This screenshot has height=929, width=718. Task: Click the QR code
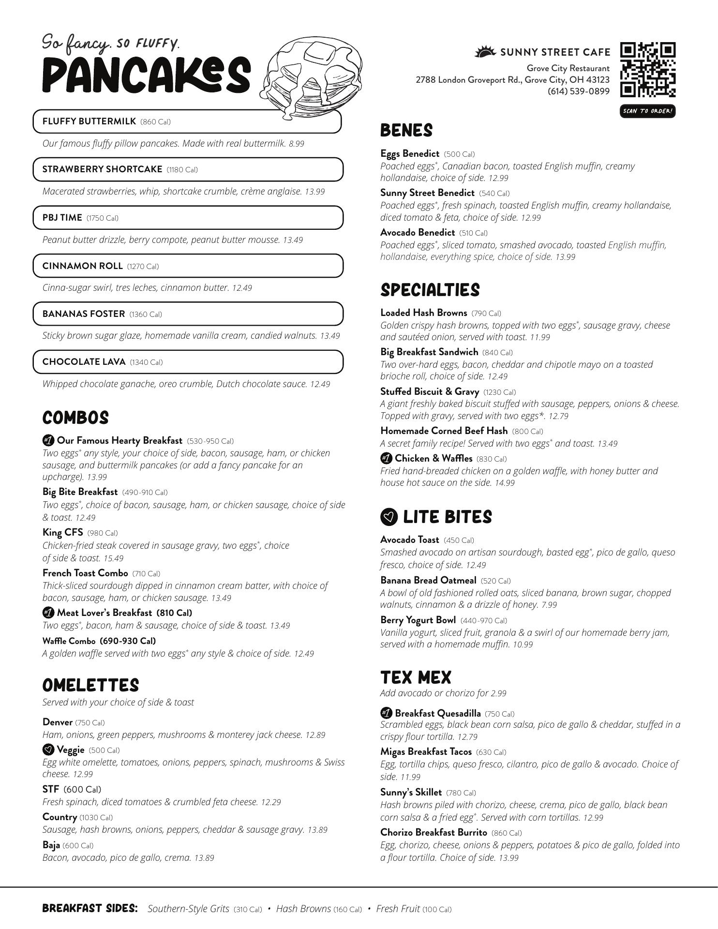tap(648, 70)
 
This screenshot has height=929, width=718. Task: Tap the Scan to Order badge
tap(647, 111)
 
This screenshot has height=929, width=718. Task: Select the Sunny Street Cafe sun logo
tap(485, 51)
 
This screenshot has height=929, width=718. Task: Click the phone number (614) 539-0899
tap(578, 91)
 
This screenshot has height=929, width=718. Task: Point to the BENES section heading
tap(406, 130)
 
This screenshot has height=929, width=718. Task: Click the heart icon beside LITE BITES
tap(389, 517)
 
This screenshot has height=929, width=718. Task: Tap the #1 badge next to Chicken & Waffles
tap(386, 458)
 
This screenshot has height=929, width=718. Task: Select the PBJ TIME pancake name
tap(62, 218)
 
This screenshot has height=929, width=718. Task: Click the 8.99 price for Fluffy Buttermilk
tap(296, 144)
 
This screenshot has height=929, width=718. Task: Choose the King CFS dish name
tap(62, 532)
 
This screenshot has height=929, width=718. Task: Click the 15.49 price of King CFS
tap(113, 558)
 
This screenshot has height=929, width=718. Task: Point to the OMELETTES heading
tap(90, 685)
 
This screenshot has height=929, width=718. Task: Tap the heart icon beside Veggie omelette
tap(48, 750)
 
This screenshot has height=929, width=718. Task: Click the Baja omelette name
tap(51, 845)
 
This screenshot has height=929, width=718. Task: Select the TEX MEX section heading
tap(415, 677)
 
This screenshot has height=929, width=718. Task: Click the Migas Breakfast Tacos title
tap(426, 751)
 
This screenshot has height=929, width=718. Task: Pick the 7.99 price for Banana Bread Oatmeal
tap(549, 605)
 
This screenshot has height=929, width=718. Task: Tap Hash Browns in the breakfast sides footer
tap(303, 909)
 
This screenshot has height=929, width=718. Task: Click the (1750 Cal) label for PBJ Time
tap(102, 218)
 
